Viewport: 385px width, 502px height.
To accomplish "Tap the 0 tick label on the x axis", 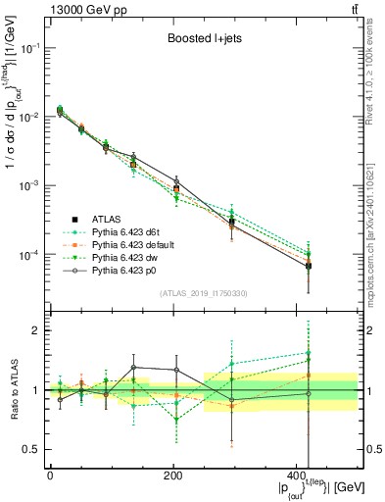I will [50, 476].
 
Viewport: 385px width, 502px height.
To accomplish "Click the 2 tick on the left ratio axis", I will [38, 331].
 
